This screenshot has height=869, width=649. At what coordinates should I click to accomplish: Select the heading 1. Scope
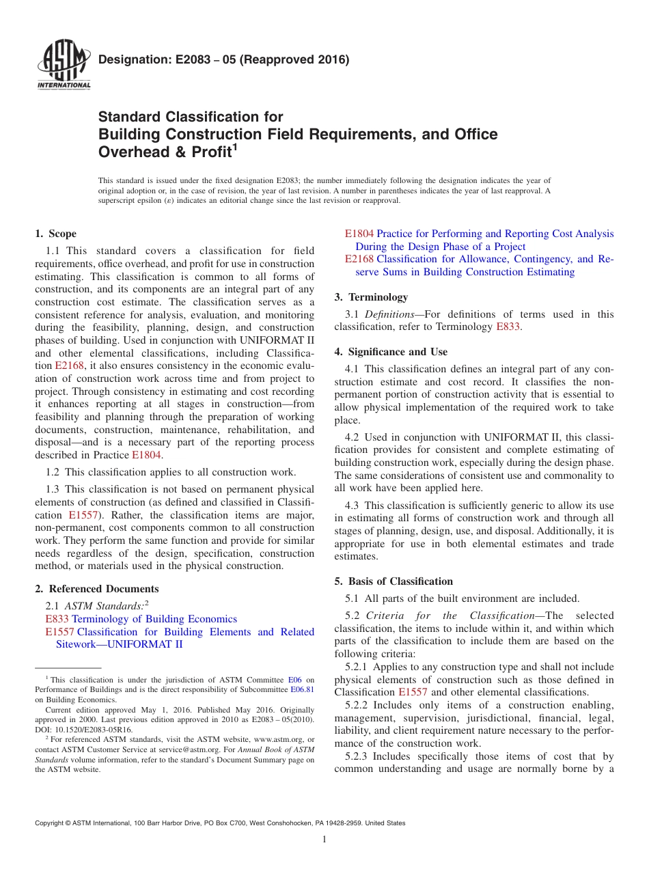tap(56, 234)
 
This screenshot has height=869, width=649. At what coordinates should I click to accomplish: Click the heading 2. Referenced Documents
tap(96, 589)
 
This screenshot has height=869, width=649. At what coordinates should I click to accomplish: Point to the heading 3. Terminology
tap(371, 297)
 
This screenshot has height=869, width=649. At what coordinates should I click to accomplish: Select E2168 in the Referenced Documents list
tap(359, 259)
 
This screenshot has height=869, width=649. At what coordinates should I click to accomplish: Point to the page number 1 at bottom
tap(324, 840)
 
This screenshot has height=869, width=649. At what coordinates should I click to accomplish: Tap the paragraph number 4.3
tap(352, 506)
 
